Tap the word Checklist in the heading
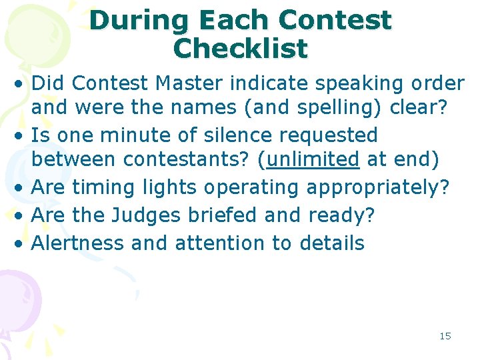coord(240,49)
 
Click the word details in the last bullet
coord(331,243)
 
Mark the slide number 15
coord(445,336)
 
